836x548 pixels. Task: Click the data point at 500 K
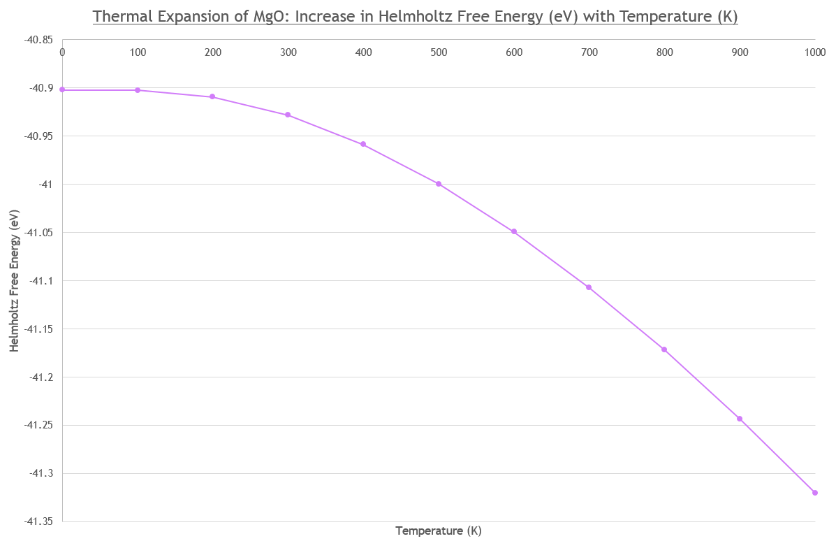pos(439,184)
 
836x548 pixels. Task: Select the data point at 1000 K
pos(814,493)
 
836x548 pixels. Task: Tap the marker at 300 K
pos(288,115)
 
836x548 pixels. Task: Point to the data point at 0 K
pos(62,89)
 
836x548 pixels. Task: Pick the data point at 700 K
pos(589,287)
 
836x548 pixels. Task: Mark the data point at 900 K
pos(740,419)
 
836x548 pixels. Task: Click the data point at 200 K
pos(212,96)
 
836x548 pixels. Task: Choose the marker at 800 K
pos(664,349)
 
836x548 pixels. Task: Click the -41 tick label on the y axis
pos(45,185)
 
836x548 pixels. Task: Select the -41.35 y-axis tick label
pos(38,521)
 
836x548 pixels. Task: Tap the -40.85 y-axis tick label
pos(38,40)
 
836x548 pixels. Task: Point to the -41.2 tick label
pos(41,377)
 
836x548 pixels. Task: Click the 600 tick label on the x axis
pos(514,52)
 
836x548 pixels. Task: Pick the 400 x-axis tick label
pos(363,52)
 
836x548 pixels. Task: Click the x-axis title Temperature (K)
pos(439,531)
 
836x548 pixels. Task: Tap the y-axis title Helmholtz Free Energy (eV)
pos(14,281)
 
